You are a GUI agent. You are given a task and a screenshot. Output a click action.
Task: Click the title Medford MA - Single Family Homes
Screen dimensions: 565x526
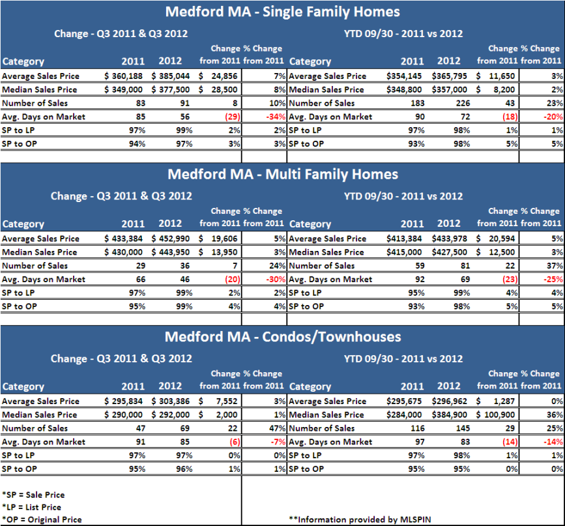coord(283,12)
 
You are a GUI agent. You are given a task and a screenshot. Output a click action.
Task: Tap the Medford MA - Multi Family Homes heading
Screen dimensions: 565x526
coord(283,174)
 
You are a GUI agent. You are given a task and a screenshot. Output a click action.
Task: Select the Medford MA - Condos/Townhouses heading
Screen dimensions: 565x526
coord(283,337)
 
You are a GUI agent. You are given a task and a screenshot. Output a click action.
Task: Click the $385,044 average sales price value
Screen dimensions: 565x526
coord(171,76)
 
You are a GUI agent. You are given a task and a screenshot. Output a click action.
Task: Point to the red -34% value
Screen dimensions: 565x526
coord(276,117)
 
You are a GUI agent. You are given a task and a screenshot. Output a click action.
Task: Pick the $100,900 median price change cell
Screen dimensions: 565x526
coord(495,415)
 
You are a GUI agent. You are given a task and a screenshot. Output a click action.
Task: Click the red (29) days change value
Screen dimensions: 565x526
coord(233,117)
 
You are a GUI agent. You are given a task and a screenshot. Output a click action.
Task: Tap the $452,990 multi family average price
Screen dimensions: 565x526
coord(171,239)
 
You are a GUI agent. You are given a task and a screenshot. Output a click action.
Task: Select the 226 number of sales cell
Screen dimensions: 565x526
coord(463,103)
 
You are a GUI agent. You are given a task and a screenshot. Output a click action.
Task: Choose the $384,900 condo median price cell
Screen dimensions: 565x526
coord(450,415)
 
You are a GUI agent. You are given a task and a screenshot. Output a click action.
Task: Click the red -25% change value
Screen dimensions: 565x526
coord(553,280)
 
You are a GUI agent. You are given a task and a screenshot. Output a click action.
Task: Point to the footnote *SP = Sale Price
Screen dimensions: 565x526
coord(33,495)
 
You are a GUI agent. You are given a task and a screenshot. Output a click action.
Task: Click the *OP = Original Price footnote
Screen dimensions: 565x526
coord(42,519)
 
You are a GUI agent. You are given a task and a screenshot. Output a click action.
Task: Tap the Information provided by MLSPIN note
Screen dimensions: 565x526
coord(360,519)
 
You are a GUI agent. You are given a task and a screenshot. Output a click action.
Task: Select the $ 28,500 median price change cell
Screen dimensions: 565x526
coord(218,90)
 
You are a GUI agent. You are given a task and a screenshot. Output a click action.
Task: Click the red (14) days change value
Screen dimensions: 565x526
coord(510,442)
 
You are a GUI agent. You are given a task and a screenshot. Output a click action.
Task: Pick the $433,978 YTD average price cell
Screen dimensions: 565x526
coord(450,239)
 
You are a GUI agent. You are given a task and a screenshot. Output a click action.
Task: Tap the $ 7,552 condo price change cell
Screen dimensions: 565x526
coord(218,402)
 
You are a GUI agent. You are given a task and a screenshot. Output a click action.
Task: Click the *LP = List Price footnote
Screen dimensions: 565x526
coord(32,507)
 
